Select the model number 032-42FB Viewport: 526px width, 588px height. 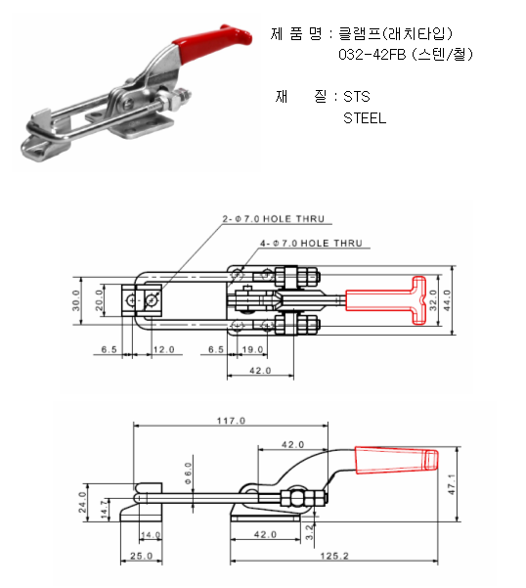click(x=373, y=55)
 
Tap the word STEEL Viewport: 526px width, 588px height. click(x=365, y=118)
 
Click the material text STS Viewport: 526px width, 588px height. click(x=357, y=97)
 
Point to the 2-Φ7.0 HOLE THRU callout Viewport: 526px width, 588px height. click(x=274, y=219)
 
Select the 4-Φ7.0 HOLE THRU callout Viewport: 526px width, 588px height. click(x=311, y=244)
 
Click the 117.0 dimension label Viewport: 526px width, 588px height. click(x=231, y=421)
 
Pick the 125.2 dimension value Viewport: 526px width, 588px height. click(x=334, y=556)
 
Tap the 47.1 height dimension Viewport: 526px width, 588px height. click(x=452, y=484)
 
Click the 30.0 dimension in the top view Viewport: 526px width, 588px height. click(x=76, y=300)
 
